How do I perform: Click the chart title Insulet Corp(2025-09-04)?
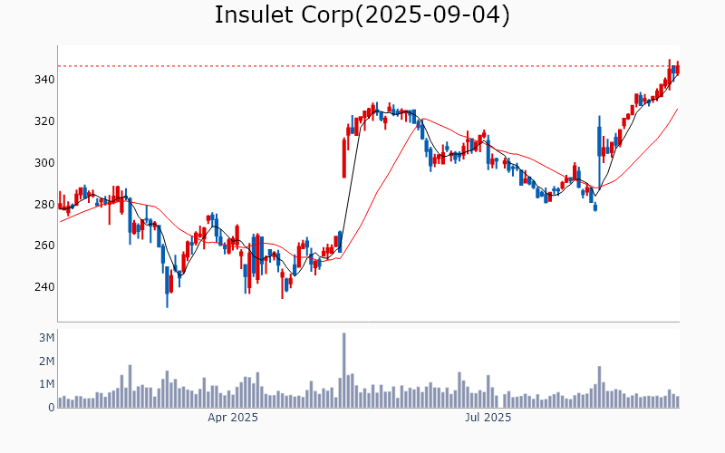tap(362, 15)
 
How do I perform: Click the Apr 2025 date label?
tap(233, 418)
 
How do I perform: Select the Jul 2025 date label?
tap(488, 418)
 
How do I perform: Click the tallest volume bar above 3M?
tap(344, 371)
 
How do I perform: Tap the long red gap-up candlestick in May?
tap(344, 158)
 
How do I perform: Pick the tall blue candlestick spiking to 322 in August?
tap(599, 149)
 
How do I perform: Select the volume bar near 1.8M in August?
tap(599, 387)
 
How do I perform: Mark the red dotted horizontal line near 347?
tap(362, 66)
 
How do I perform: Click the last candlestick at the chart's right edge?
tap(677, 69)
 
